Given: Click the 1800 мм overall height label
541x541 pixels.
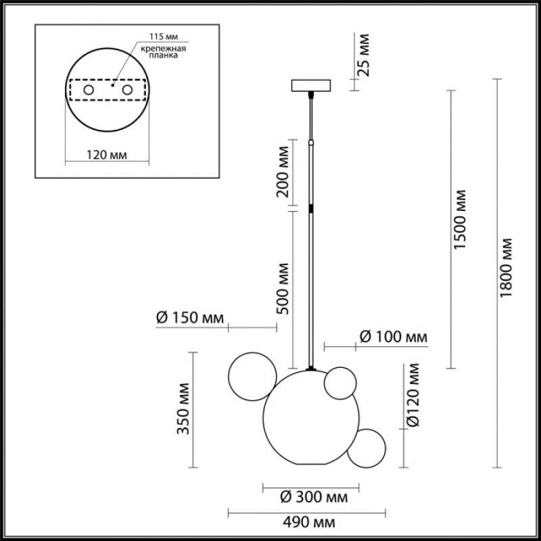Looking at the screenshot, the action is [x=506, y=267].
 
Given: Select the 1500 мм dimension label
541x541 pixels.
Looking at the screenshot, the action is [x=460, y=219].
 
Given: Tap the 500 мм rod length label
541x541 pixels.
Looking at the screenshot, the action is [x=283, y=289].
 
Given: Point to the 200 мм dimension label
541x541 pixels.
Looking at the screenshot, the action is [x=283, y=171].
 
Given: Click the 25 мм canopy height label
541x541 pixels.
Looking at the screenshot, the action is [x=363, y=55].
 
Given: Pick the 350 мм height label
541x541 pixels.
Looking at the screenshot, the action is [x=183, y=408].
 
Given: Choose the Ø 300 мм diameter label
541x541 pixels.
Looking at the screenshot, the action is [x=314, y=497].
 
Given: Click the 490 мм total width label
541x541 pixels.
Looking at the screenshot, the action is [x=309, y=522].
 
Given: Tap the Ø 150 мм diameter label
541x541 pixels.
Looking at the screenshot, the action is [x=190, y=317].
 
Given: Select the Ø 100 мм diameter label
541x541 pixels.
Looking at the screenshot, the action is [x=394, y=336].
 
